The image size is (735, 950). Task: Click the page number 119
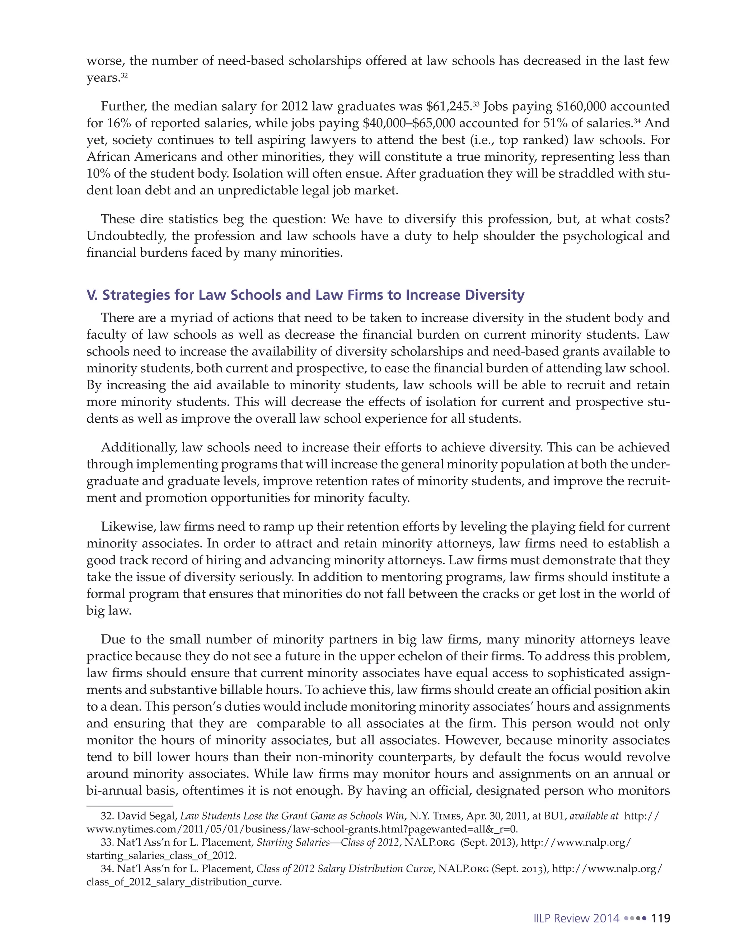click(660, 918)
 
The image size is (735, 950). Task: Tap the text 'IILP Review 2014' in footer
click(576, 918)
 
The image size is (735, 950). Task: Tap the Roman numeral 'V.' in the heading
click(92, 295)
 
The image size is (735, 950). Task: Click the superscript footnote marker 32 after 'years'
click(125, 76)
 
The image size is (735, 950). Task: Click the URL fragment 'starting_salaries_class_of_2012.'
click(161, 856)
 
